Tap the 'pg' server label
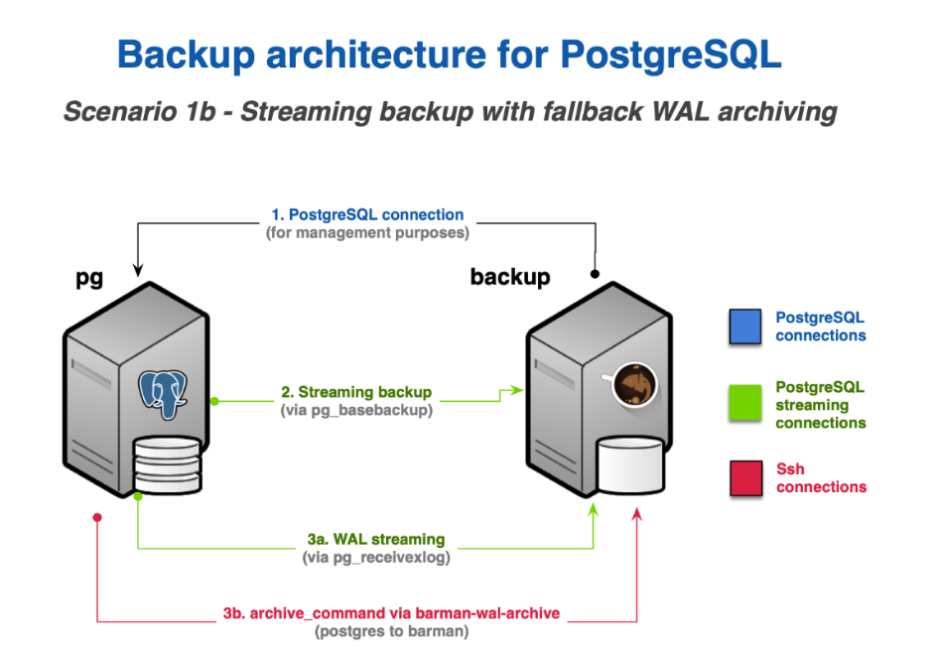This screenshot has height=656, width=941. (89, 279)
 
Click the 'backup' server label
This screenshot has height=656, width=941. (509, 276)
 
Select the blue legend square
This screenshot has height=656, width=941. (744, 327)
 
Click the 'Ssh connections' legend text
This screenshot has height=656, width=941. (821, 477)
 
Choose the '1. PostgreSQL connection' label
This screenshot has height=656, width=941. (367, 214)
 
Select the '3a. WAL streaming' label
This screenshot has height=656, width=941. (375, 539)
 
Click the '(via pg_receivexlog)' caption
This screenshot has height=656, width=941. (375, 558)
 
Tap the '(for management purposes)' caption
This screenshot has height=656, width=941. (367, 233)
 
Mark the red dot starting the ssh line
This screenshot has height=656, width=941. (97, 518)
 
